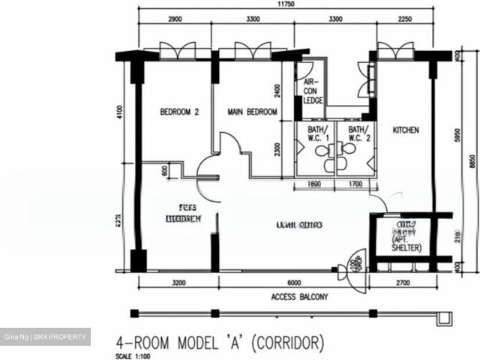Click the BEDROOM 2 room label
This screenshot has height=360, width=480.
[178, 112]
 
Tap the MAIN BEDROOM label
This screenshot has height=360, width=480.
[253, 112]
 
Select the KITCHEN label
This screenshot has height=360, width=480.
[406, 130]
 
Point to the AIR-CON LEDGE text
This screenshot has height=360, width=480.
[311, 91]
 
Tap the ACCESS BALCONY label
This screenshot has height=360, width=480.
[300, 297]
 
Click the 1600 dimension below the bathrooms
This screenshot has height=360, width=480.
[314, 183]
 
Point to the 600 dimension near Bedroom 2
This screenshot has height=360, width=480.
[165, 170]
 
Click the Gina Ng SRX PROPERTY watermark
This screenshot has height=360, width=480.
[46, 337]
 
